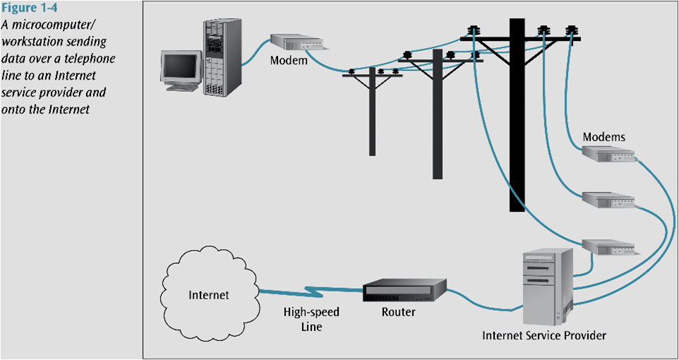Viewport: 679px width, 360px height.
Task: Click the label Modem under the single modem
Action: tap(289, 61)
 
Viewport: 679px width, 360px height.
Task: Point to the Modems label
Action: tap(603, 136)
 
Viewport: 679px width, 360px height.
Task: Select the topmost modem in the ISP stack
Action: tap(608, 154)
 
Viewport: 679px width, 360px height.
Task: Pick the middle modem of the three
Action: tap(608, 200)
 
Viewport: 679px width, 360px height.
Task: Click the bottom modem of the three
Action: tap(608, 246)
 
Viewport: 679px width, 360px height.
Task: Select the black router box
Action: tap(404, 289)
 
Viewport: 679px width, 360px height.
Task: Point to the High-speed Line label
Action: tap(303, 319)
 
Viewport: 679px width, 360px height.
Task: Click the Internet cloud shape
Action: tap(209, 294)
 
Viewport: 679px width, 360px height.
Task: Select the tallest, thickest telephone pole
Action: tap(517, 120)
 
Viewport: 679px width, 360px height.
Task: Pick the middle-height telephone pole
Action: tap(438, 120)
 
